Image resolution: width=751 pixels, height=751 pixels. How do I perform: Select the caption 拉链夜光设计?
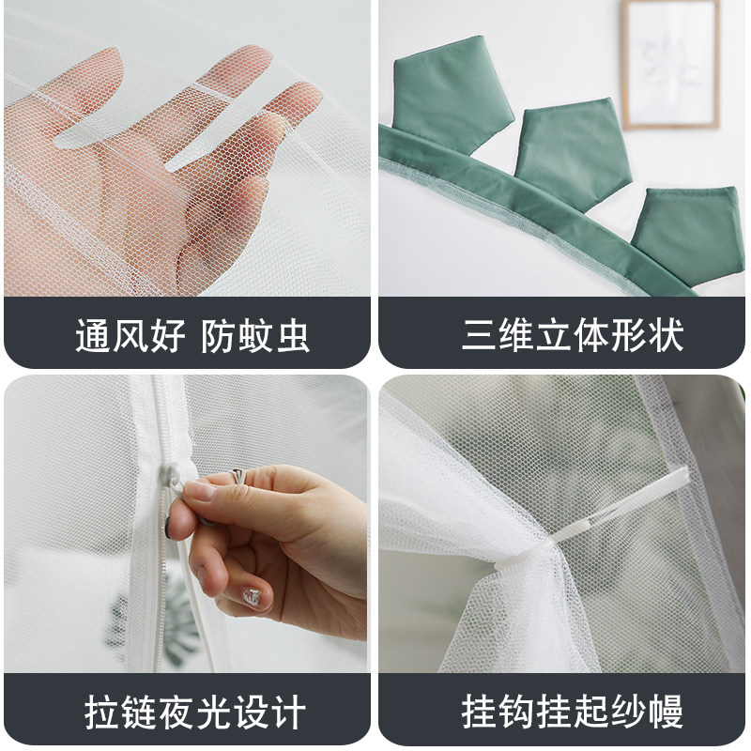coord(192,711)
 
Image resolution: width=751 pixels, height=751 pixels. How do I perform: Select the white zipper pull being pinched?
coord(179,484)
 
